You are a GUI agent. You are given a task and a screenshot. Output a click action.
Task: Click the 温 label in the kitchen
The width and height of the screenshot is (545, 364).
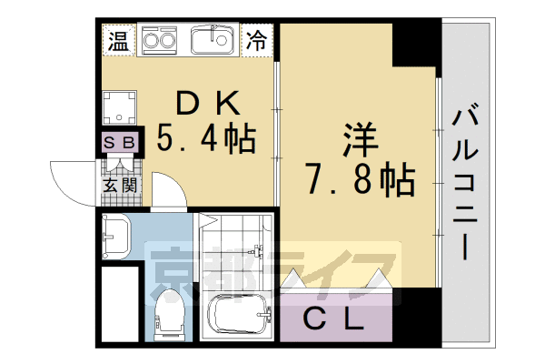click(x=118, y=40)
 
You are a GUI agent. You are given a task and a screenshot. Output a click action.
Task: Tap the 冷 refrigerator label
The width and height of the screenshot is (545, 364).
click(x=258, y=40)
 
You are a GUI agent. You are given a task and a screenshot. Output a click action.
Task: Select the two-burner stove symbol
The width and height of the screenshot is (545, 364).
click(x=161, y=41)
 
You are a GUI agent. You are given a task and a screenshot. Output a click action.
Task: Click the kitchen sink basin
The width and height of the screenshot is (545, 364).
click(x=214, y=39)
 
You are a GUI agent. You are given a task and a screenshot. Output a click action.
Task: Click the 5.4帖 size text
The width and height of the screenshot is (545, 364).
click(x=206, y=139)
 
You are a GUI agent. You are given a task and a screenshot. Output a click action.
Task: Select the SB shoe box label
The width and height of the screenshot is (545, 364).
click(x=119, y=143)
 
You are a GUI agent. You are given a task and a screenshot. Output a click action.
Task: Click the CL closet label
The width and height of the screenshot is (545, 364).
click(x=336, y=319)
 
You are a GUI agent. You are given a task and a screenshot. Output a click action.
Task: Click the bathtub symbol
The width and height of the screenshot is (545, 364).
click(x=238, y=318)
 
